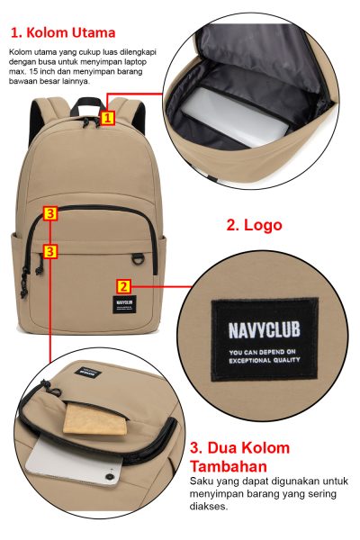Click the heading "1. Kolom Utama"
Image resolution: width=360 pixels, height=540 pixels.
(x=63, y=32)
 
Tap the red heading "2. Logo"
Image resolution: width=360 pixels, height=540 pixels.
(x=254, y=225)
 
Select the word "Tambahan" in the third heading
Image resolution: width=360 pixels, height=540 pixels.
(x=229, y=466)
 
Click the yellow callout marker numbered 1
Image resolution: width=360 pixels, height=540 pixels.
(x=107, y=118)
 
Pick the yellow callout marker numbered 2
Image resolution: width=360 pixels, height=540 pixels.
(x=124, y=286)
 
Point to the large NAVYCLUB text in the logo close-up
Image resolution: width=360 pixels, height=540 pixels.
(x=265, y=329)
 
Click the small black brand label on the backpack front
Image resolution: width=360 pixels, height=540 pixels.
(x=124, y=304)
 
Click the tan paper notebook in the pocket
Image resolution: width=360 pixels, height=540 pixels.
(x=95, y=419)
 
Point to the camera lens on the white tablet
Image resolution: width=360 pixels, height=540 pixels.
(x=109, y=477)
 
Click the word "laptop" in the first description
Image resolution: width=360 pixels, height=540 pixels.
(x=136, y=62)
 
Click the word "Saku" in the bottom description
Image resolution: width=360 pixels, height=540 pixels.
(x=199, y=481)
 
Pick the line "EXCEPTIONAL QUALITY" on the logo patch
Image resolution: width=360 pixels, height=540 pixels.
(x=265, y=361)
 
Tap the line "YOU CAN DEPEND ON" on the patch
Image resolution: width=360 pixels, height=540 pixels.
(x=263, y=352)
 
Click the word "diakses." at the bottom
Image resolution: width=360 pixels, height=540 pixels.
(x=209, y=506)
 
